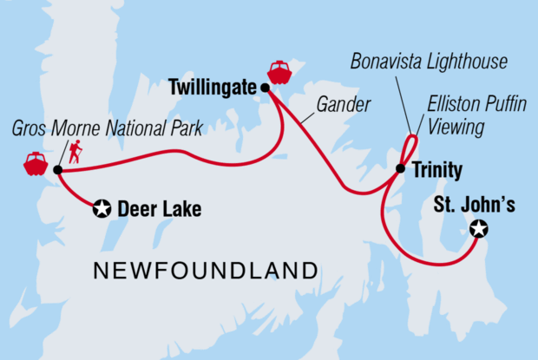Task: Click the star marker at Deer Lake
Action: (x=102, y=208)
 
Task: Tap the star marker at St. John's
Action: (x=478, y=230)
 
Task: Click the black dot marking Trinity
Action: (x=400, y=169)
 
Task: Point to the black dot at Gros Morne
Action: (x=57, y=170)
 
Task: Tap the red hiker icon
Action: (x=75, y=154)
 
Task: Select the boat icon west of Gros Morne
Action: (x=35, y=163)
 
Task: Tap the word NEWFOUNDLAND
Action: (x=205, y=270)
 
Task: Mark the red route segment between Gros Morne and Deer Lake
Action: (x=77, y=189)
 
